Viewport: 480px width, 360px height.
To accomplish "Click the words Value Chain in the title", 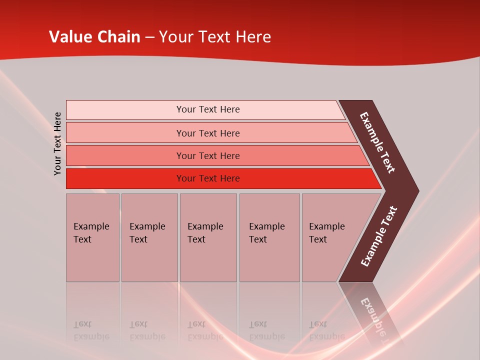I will tap(94, 37).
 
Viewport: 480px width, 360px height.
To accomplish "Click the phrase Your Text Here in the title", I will tap(215, 37).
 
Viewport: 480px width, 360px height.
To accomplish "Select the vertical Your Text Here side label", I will tap(58, 143).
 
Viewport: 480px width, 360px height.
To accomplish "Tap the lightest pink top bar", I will tap(125, 110).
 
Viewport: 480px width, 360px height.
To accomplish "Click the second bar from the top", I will tap(125, 133).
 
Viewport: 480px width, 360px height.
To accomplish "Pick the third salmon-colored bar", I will tap(125, 155).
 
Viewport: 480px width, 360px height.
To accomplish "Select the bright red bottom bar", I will tap(125, 178).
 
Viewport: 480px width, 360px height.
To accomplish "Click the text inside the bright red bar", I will tap(208, 178).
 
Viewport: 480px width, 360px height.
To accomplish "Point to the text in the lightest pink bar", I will tap(208, 109).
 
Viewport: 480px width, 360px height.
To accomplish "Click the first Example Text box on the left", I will tap(92, 237).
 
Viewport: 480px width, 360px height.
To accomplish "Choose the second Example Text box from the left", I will tap(149, 237).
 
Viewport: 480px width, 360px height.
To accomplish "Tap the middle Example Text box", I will tap(208, 237).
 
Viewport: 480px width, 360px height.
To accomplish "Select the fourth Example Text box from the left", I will tap(269, 237).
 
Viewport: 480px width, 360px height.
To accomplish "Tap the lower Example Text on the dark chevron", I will tap(379, 236).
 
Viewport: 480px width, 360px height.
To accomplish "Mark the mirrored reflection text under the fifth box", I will tap(326, 330).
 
